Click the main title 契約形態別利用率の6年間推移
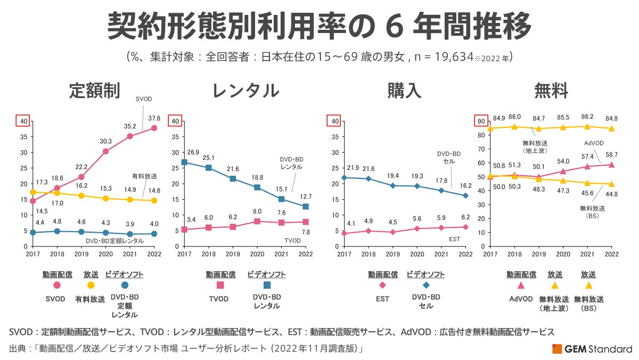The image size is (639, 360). (x=319, y=26)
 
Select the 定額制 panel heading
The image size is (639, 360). (x=94, y=91)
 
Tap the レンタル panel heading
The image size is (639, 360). (x=245, y=91)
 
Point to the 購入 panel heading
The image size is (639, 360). (x=404, y=91)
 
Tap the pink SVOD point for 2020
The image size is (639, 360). (x=105, y=151)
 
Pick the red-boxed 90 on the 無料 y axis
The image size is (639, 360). (x=481, y=121)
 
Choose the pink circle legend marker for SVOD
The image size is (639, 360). (x=57, y=285)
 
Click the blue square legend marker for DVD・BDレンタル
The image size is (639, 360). (x=266, y=285)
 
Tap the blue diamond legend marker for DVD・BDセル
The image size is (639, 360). (x=425, y=285)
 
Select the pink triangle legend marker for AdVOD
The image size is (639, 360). (x=521, y=285)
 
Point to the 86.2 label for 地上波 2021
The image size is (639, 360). (x=587, y=116)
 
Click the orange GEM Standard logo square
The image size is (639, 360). (x=557, y=349)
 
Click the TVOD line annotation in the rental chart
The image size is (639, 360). (x=292, y=240)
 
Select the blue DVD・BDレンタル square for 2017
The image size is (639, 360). (x=184, y=162)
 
